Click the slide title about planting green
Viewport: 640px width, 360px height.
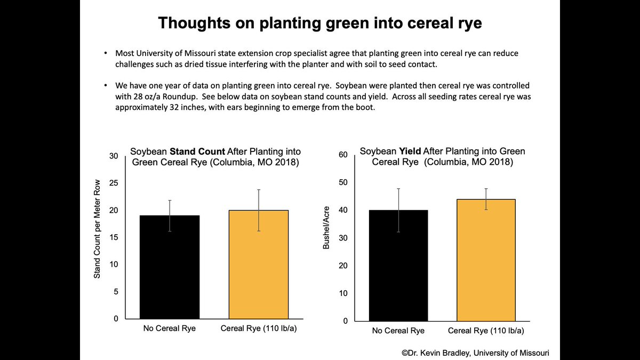click(x=319, y=24)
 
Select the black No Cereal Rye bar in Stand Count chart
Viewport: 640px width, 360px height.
click(x=170, y=267)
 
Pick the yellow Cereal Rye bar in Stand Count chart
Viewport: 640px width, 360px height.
click(x=259, y=265)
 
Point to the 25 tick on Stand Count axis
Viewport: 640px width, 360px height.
click(x=113, y=183)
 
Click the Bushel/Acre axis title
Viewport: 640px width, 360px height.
click(x=326, y=228)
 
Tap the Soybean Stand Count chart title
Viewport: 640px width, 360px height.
click(x=215, y=157)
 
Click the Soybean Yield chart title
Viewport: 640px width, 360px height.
click(x=442, y=156)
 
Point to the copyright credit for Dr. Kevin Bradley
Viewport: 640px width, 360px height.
click(x=475, y=353)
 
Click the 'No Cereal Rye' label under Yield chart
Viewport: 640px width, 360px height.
click(x=398, y=331)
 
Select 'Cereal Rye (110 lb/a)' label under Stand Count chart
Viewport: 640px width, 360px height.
click(x=259, y=328)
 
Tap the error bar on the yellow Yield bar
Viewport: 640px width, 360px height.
click(x=486, y=198)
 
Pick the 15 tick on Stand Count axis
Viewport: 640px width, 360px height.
click(x=113, y=237)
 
